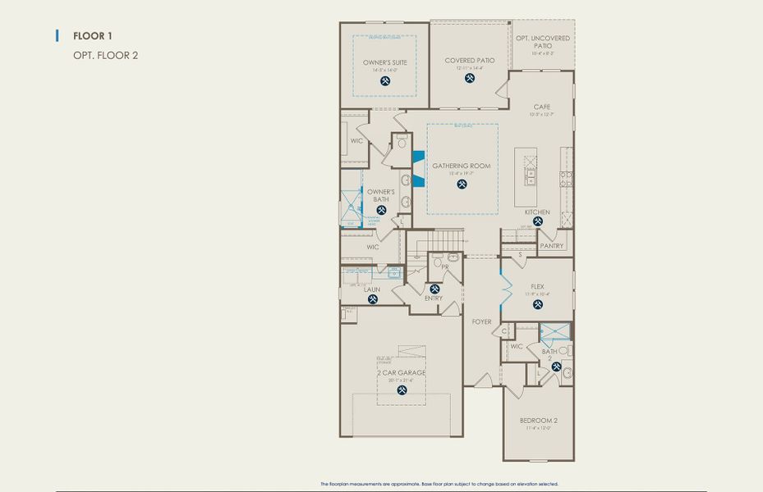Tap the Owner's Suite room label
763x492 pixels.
pyautogui.click(x=385, y=62)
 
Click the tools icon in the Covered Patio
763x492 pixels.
pyautogui.click(x=470, y=79)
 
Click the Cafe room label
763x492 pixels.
pyautogui.click(x=541, y=107)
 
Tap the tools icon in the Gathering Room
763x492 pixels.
pyautogui.click(x=462, y=184)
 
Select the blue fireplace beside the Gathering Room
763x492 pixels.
pyautogui.click(x=419, y=169)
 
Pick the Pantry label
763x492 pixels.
pyautogui.click(x=552, y=246)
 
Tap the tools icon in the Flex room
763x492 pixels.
pyautogui.click(x=538, y=304)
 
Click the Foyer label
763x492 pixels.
pyautogui.click(x=481, y=321)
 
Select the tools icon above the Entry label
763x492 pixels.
pyautogui.click(x=434, y=289)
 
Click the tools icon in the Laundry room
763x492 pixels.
pyautogui.click(x=372, y=300)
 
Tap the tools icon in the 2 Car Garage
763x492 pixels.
pyautogui.click(x=402, y=390)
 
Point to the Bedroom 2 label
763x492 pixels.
pyautogui.click(x=538, y=421)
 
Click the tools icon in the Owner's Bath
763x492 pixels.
pyautogui.click(x=381, y=211)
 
